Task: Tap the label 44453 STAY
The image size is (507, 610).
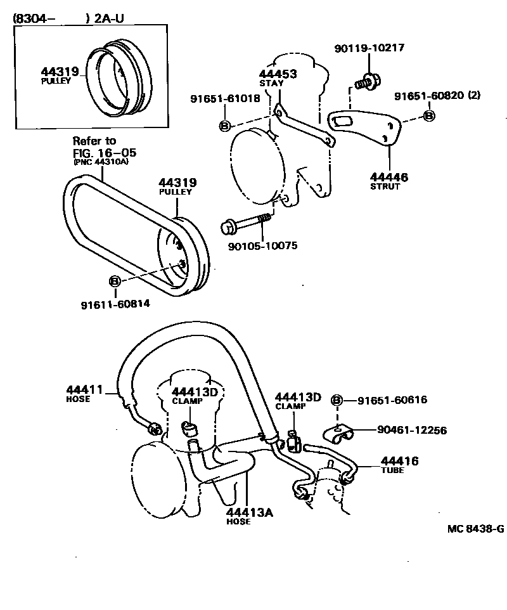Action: [278, 77]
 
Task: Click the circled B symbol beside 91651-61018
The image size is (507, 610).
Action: [224, 126]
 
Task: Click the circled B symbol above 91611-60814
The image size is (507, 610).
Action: [115, 280]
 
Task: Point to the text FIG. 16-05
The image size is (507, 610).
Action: [104, 152]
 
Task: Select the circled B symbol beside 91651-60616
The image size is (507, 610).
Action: [337, 399]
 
